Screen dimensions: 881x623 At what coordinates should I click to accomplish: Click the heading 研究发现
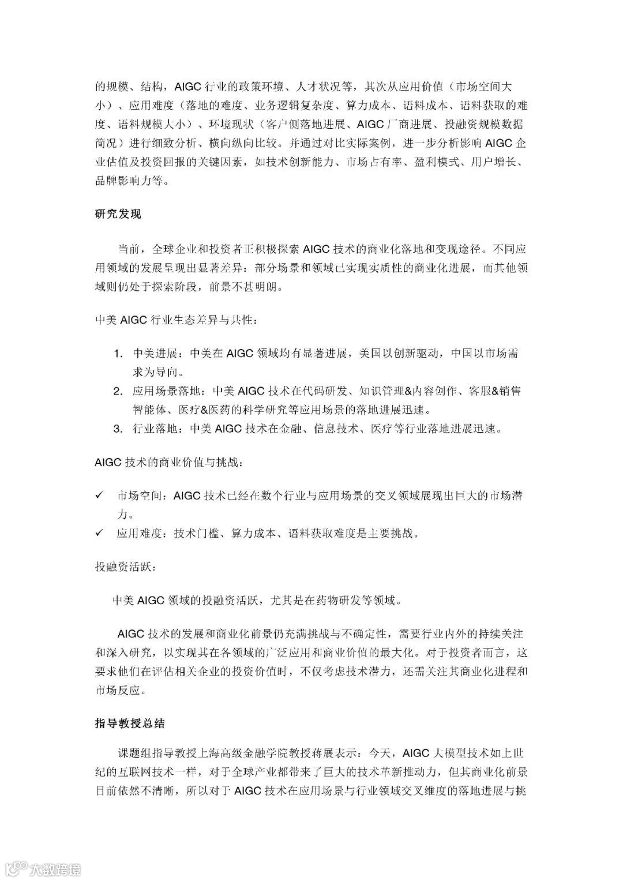click(118, 214)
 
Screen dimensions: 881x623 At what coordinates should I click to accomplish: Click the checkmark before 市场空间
click(99, 495)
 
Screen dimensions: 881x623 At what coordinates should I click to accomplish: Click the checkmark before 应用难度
click(99, 533)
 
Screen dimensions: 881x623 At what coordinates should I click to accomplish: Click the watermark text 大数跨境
click(56, 868)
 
